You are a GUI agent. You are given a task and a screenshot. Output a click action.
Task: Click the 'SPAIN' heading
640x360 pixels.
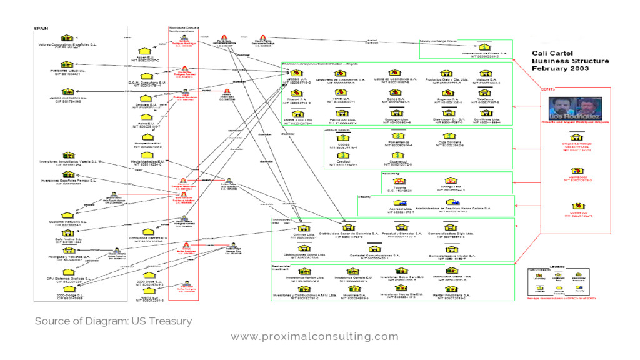[x=41, y=29]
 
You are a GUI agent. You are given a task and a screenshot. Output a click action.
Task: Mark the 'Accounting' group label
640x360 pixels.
[x=391, y=173]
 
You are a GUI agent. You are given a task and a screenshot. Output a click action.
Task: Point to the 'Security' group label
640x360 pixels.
[x=365, y=197]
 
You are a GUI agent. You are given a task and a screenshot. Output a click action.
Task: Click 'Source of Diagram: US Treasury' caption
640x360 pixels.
[x=113, y=321]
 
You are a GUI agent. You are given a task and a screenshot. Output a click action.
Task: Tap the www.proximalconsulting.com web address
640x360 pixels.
[x=314, y=337]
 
